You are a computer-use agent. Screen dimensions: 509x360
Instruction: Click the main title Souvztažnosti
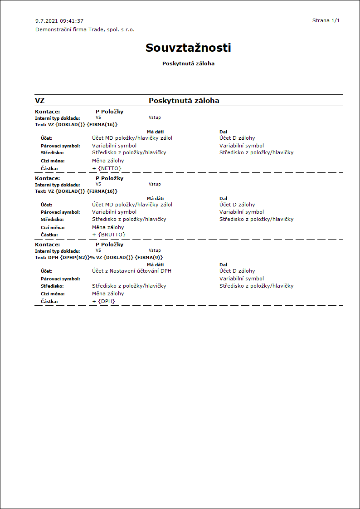pyautogui.click(x=188, y=48)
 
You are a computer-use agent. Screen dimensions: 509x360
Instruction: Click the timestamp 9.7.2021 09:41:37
pyautogui.click(x=59, y=21)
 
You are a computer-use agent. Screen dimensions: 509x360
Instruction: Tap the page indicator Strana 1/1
pyautogui.click(x=326, y=20)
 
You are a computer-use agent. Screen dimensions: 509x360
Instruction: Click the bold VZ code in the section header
pyautogui.click(x=39, y=101)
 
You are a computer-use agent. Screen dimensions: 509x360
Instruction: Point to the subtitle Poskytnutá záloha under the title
pyautogui.click(x=188, y=64)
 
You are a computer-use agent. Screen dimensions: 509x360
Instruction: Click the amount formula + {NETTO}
pyautogui.click(x=107, y=168)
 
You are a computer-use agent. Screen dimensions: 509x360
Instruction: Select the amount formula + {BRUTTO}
pyautogui.click(x=108, y=235)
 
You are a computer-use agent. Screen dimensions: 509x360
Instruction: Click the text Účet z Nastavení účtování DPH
pyautogui.click(x=131, y=271)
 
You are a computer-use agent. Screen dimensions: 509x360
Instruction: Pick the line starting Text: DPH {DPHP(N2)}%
pyautogui.click(x=98, y=257)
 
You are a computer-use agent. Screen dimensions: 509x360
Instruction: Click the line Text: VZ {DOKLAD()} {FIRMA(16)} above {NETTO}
pyautogui.click(x=76, y=124)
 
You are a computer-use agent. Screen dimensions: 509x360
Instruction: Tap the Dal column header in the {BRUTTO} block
pyautogui.click(x=223, y=198)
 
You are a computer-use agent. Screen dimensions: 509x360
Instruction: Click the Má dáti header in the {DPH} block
pyautogui.click(x=155, y=264)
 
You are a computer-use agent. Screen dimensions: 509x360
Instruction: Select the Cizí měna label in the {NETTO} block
pyautogui.click(x=53, y=161)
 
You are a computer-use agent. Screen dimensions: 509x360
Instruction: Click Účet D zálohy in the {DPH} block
pyautogui.click(x=237, y=271)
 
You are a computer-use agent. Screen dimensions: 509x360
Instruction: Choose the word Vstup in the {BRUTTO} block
pyautogui.click(x=155, y=184)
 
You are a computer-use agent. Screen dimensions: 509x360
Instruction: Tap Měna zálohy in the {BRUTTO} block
pyautogui.click(x=108, y=227)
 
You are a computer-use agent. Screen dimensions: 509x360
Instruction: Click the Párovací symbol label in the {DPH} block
pyautogui.click(x=60, y=279)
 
